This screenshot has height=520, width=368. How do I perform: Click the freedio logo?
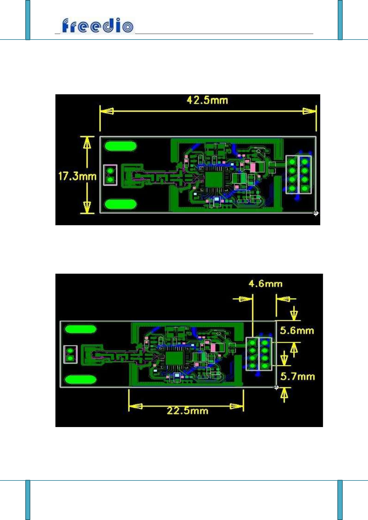pos(98,26)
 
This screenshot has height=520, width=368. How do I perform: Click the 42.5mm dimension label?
pos(207,100)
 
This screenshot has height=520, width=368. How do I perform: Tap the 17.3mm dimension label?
pos(77,176)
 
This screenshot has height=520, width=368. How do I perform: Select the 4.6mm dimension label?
pos(265,284)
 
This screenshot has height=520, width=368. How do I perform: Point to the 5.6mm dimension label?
pos(297,330)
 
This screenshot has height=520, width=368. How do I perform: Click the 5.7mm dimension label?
pos(297,376)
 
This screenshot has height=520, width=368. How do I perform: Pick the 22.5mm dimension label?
pos(188,411)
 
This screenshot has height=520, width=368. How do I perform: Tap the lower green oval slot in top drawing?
pos(121,204)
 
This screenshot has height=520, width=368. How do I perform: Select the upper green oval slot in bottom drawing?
pos(80,329)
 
